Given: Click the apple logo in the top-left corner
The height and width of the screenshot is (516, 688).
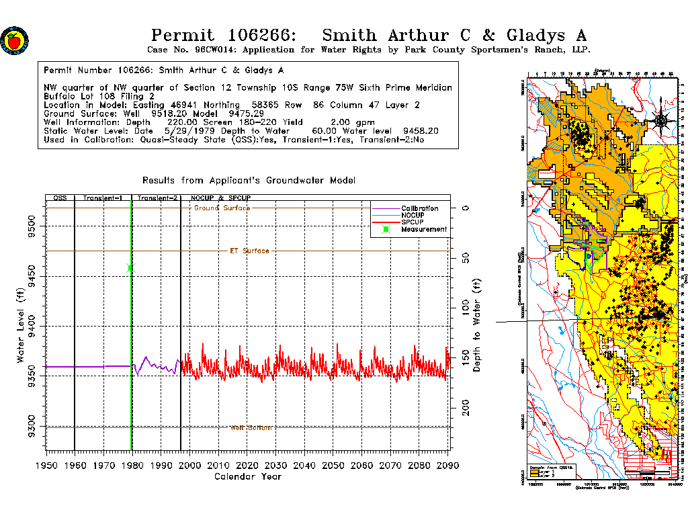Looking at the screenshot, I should [13, 40].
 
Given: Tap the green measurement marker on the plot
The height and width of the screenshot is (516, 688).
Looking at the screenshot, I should [130, 268].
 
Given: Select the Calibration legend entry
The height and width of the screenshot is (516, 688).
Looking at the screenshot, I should [419, 208].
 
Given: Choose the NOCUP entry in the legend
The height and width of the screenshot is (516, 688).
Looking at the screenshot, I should [414, 215].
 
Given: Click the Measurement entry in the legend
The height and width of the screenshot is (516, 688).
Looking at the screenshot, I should [423, 229].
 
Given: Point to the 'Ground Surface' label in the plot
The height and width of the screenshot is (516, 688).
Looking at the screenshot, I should [222, 208].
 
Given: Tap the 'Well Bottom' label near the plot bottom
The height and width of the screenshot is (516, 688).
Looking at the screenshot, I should [251, 428].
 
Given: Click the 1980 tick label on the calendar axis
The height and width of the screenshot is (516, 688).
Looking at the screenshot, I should [132, 466].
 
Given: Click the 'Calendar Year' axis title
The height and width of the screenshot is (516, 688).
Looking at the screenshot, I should [247, 477].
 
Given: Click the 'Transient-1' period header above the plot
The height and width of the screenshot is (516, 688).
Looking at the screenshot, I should [103, 199].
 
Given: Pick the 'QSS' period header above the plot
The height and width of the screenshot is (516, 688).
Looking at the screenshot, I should [60, 199].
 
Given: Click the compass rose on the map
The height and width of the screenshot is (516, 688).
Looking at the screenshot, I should [661, 121].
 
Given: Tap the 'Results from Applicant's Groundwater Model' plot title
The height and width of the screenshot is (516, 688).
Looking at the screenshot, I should [249, 181].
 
